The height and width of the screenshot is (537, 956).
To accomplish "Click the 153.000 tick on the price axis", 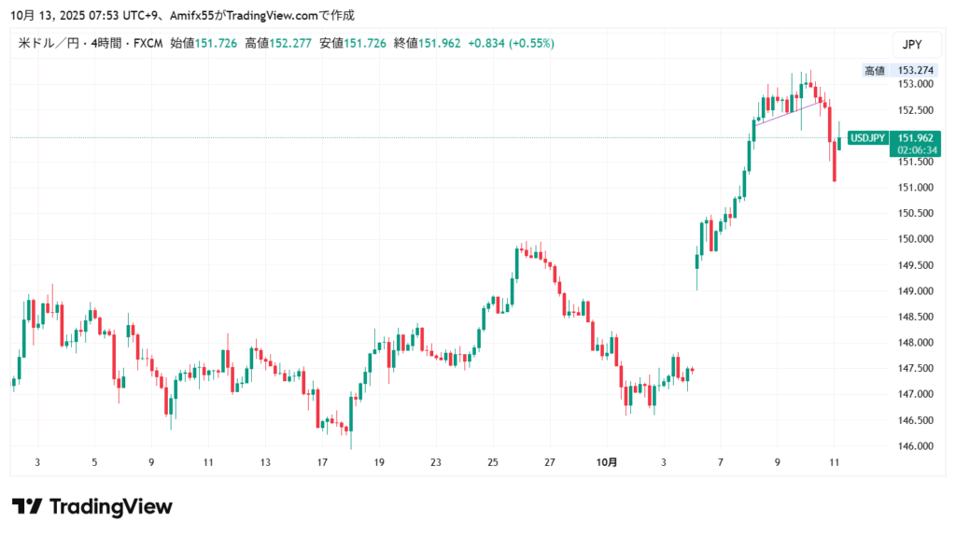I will (909, 84).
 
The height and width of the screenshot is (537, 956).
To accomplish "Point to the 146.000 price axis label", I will (909, 446).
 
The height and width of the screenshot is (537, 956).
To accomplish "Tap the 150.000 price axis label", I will (909, 239).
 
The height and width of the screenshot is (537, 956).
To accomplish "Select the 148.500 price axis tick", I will (909, 317).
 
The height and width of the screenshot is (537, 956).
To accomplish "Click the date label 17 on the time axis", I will (322, 462).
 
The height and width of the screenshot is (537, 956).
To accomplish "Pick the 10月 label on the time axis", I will (607, 462).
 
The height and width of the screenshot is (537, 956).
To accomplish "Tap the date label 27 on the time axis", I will (550, 462).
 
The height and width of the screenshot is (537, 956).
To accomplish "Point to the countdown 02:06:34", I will (917, 149).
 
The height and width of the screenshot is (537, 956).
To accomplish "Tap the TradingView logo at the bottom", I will (91, 507).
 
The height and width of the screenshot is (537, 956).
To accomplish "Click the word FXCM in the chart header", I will (148, 43).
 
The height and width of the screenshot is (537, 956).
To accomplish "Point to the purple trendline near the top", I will (789, 111).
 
